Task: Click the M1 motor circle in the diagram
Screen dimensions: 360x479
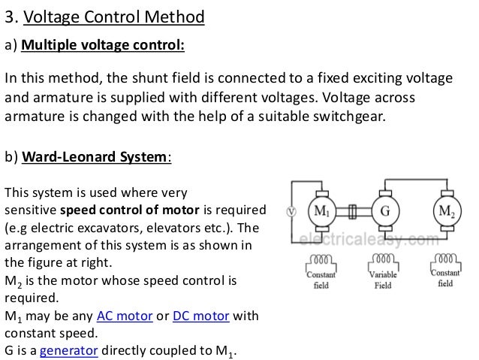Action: point(321,211)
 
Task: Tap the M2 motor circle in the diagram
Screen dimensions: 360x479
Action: point(447,210)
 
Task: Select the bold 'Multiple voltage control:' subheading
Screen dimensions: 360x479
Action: point(103,46)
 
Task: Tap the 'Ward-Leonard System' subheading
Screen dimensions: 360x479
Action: point(96,158)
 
